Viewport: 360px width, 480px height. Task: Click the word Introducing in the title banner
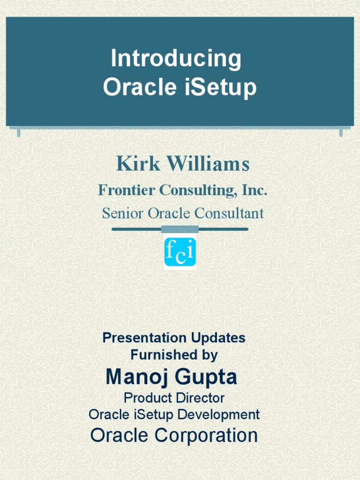(176, 59)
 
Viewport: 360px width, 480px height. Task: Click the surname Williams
(208, 164)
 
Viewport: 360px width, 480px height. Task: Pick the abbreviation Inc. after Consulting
(255, 190)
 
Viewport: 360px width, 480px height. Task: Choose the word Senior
(123, 213)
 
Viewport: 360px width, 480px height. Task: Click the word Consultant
(229, 213)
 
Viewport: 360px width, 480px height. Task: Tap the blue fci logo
(180, 253)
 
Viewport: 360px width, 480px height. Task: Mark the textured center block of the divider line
(180, 229)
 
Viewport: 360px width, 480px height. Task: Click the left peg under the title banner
(19, 133)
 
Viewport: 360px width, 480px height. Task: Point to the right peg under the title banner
(341, 133)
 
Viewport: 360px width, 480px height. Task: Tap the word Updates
(218, 338)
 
